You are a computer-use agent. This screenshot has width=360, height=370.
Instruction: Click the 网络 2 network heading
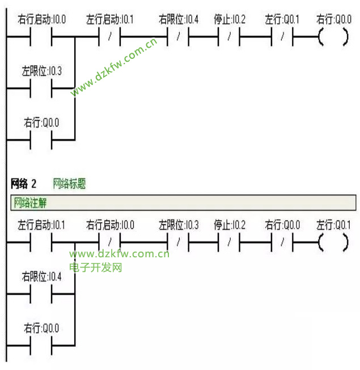click(23, 184)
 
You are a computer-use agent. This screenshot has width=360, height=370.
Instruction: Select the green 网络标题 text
click(69, 184)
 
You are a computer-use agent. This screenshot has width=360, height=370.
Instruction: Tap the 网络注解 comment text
click(30, 202)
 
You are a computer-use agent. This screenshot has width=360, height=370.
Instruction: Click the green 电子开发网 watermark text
click(96, 267)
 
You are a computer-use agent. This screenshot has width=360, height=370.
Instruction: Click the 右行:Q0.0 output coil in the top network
click(333, 39)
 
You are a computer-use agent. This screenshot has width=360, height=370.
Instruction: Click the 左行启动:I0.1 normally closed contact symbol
click(109, 39)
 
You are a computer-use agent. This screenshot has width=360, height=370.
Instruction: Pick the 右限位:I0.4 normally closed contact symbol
click(177, 39)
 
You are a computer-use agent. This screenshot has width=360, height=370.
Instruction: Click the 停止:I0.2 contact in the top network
click(229, 39)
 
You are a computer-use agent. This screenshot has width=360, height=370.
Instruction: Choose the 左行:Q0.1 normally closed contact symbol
click(281, 39)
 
